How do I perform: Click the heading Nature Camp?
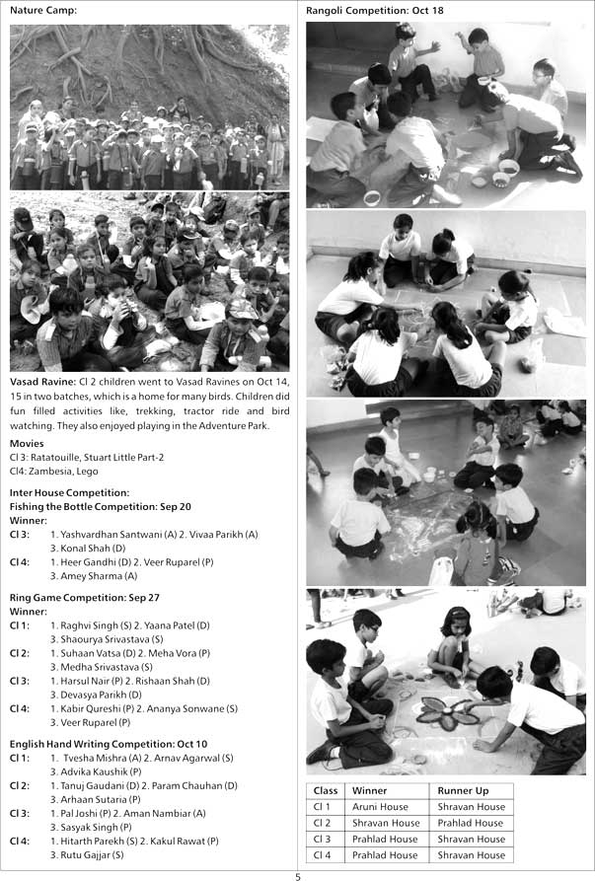click(42, 11)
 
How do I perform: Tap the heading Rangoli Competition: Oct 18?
click(375, 11)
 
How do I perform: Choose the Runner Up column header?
click(462, 790)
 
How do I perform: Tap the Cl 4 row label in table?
click(323, 854)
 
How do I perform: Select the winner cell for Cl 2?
click(378, 823)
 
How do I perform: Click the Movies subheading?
click(27, 444)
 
